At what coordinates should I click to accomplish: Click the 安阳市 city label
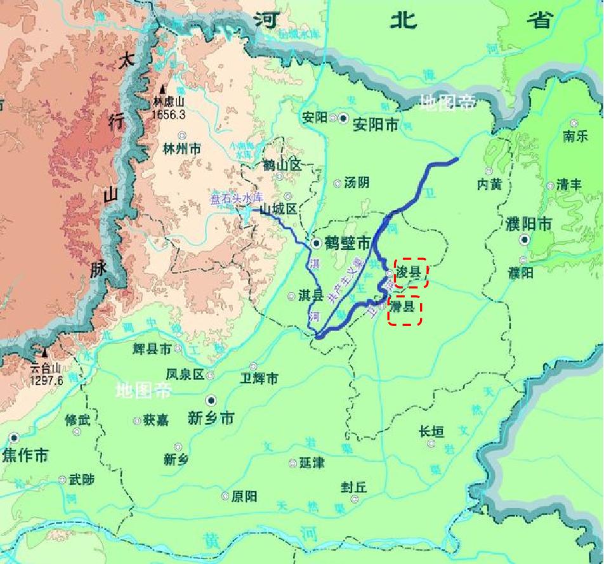pyautogui.click(x=376, y=124)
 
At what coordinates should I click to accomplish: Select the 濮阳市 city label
pyautogui.click(x=529, y=224)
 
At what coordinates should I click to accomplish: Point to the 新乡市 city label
pyautogui.click(x=211, y=418)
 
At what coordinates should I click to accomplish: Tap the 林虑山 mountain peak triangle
pyautogui.click(x=162, y=89)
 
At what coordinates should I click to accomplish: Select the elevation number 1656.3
pyautogui.click(x=168, y=114)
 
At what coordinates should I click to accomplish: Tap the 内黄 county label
pyautogui.click(x=489, y=183)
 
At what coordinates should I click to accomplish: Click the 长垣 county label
pyautogui.click(x=431, y=432)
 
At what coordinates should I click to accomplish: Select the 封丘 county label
pyautogui.click(x=353, y=487)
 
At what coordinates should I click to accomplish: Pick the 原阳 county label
pyautogui.click(x=244, y=496)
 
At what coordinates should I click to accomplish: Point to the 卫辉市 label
pyautogui.click(x=260, y=379)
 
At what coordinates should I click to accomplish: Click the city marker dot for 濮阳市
pyautogui.click(x=525, y=240)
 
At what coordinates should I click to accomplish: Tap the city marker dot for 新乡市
pyautogui.click(x=211, y=400)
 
